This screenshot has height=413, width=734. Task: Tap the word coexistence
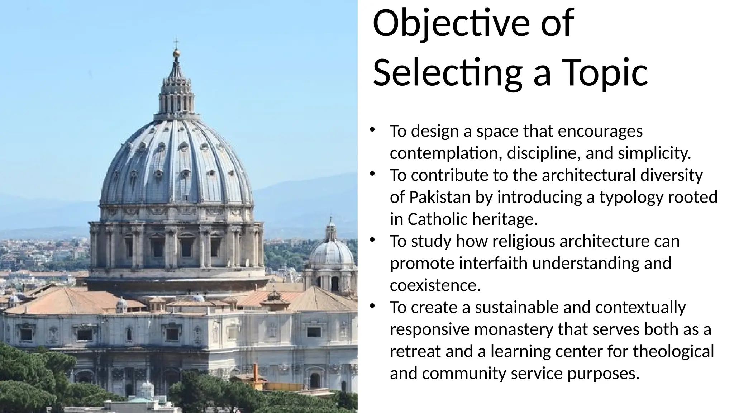coord(435,286)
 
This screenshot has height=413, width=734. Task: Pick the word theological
coord(673,351)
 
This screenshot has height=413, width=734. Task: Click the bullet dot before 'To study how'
coord(372,239)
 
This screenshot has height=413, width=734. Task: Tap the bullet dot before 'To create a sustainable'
coord(372,306)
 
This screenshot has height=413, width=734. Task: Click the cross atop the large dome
coord(176,42)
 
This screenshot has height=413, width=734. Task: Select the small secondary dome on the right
coord(331,251)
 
